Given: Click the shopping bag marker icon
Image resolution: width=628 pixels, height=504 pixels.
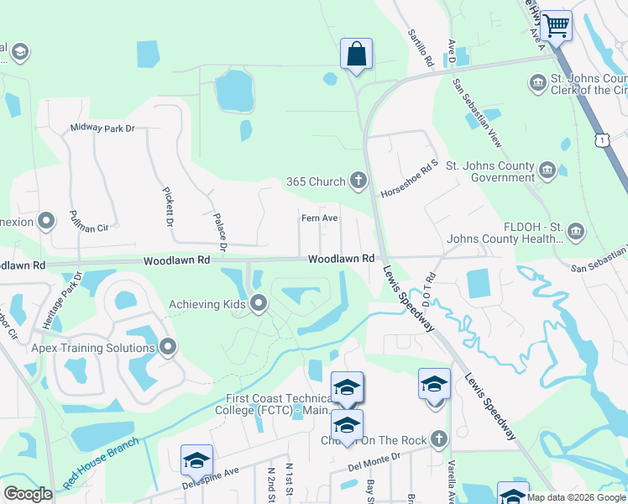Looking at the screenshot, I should (356, 55).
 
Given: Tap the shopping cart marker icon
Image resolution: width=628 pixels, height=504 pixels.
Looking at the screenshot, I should (556, 25).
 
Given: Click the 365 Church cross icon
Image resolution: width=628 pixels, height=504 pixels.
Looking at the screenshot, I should (358, 181).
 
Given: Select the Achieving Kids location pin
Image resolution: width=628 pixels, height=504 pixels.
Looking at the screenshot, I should (259, 303).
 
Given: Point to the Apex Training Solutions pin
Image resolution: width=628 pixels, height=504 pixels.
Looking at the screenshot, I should (168, 346).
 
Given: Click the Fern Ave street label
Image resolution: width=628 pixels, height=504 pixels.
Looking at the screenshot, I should (320, 218).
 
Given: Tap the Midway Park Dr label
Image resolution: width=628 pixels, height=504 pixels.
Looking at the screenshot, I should (102, 128).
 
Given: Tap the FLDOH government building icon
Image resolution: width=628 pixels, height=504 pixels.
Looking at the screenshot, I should (576, 230).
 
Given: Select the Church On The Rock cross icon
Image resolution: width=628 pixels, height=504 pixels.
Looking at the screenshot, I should (437, 439).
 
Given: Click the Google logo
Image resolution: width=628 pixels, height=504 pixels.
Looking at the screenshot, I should (28, 493).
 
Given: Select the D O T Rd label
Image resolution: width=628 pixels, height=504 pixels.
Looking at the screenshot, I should (428, 288).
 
